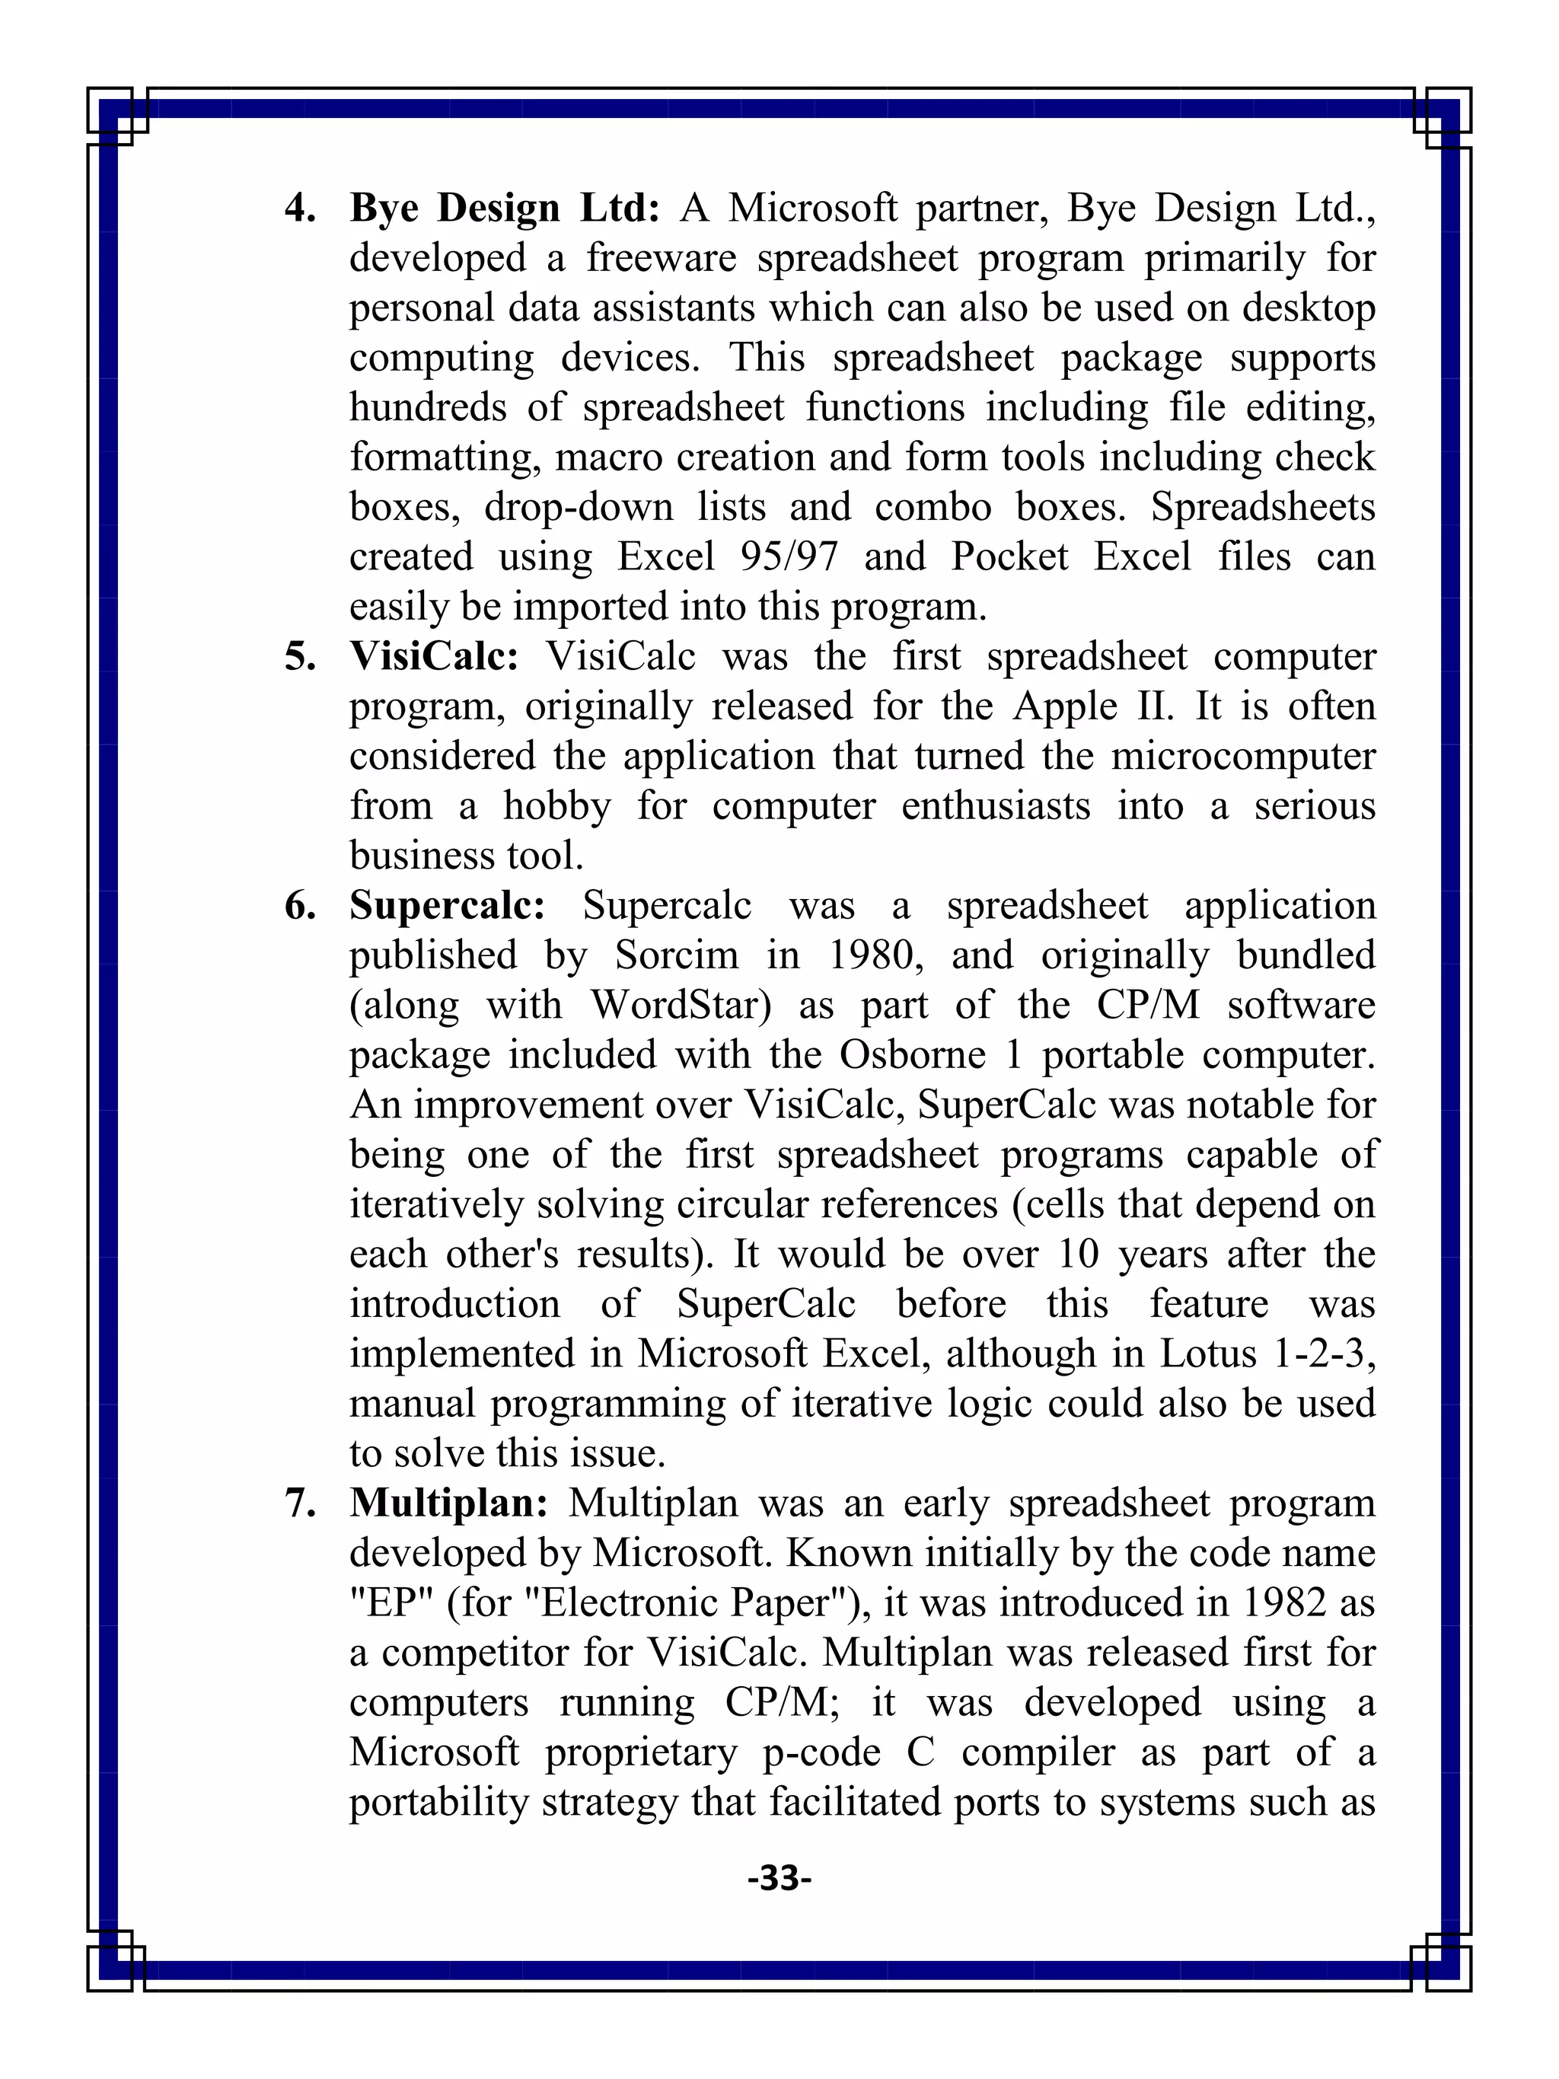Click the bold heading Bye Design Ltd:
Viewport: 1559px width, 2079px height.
tap(505, 208)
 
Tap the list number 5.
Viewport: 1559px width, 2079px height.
tap(300, 657)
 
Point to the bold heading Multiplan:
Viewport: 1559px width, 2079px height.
tap(448, 1503)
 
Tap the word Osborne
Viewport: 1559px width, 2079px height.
tap(911, 1055)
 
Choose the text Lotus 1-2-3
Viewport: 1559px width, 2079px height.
tap(1267, 1354)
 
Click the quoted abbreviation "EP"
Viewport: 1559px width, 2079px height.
tap(390, 1603)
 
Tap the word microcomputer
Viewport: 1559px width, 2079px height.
tap(1243, 757)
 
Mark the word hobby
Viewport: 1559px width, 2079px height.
tap(556, 806)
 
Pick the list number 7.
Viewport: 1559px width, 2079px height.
tap(300, 1503)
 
